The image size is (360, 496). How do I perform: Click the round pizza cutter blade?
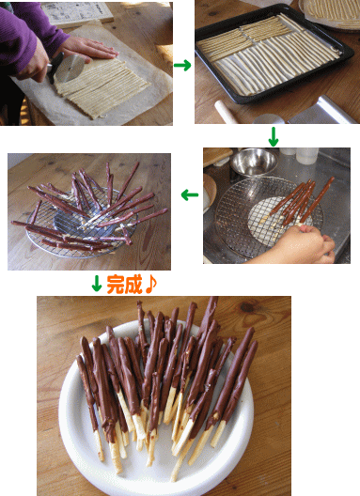click(x=70, y=69)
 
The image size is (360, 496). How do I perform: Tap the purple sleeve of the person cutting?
click(x=25, y=35)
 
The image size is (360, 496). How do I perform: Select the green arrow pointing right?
click(x=182, y=65)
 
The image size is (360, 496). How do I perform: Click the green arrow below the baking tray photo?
click(x=274, y=136)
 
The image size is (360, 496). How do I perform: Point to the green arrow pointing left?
click(x=190, y=195)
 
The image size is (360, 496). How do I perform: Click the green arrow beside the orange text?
click(x=97, y=284)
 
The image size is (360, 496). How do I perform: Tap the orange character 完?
click(x=115, y=285)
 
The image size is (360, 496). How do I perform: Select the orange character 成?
click(x=133, y=285)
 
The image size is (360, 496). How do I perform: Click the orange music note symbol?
click(x=150, y=284)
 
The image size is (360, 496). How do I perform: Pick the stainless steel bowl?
click(x=254, y=162)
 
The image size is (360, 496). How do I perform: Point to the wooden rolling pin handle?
click(x=227, y=113)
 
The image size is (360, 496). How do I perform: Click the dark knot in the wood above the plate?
click(x=247, y=307)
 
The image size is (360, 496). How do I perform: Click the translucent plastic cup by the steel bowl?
click(x=306, y=156)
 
